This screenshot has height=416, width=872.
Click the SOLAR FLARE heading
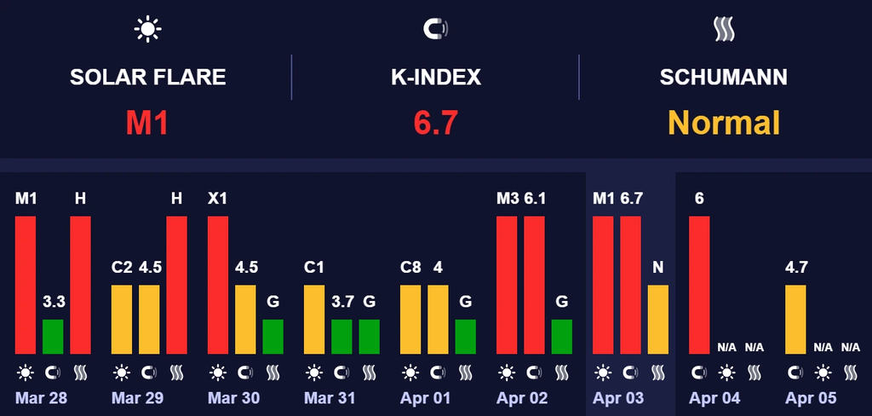[x=147, y=78]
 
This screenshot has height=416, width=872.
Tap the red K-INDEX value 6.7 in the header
[x=435, y=123]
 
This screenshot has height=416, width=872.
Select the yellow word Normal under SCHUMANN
[x=724, y=123]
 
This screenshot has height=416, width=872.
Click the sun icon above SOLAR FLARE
[x=147, y=30]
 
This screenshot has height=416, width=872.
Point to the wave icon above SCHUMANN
[x=724, y=30]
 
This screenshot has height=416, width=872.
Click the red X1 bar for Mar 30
[x=218, y=285]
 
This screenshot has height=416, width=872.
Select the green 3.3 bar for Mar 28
[x=53, y=337]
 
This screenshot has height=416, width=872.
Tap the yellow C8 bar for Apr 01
[x=410, y=319]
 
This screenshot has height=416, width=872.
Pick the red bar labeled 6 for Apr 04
[x=699, y=285]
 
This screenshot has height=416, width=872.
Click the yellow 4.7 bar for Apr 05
[x=795, y=319]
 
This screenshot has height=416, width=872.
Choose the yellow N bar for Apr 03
[x=658, y=319]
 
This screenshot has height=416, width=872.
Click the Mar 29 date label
[x=137, y=398]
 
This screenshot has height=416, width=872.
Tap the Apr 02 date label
[x=522, y=398]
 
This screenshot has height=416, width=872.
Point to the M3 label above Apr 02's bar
[x=507, y=199]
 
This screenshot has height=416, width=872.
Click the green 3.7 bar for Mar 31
[x=341, y=337]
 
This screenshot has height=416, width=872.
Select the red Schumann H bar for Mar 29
[x=176, y=285]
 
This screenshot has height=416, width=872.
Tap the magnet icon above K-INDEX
[x=435, y=30]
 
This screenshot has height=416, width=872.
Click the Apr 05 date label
[x=811, y=398]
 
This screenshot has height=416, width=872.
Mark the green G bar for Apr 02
[x=562, y=337]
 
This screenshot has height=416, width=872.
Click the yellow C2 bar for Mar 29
[x=122, y=319]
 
